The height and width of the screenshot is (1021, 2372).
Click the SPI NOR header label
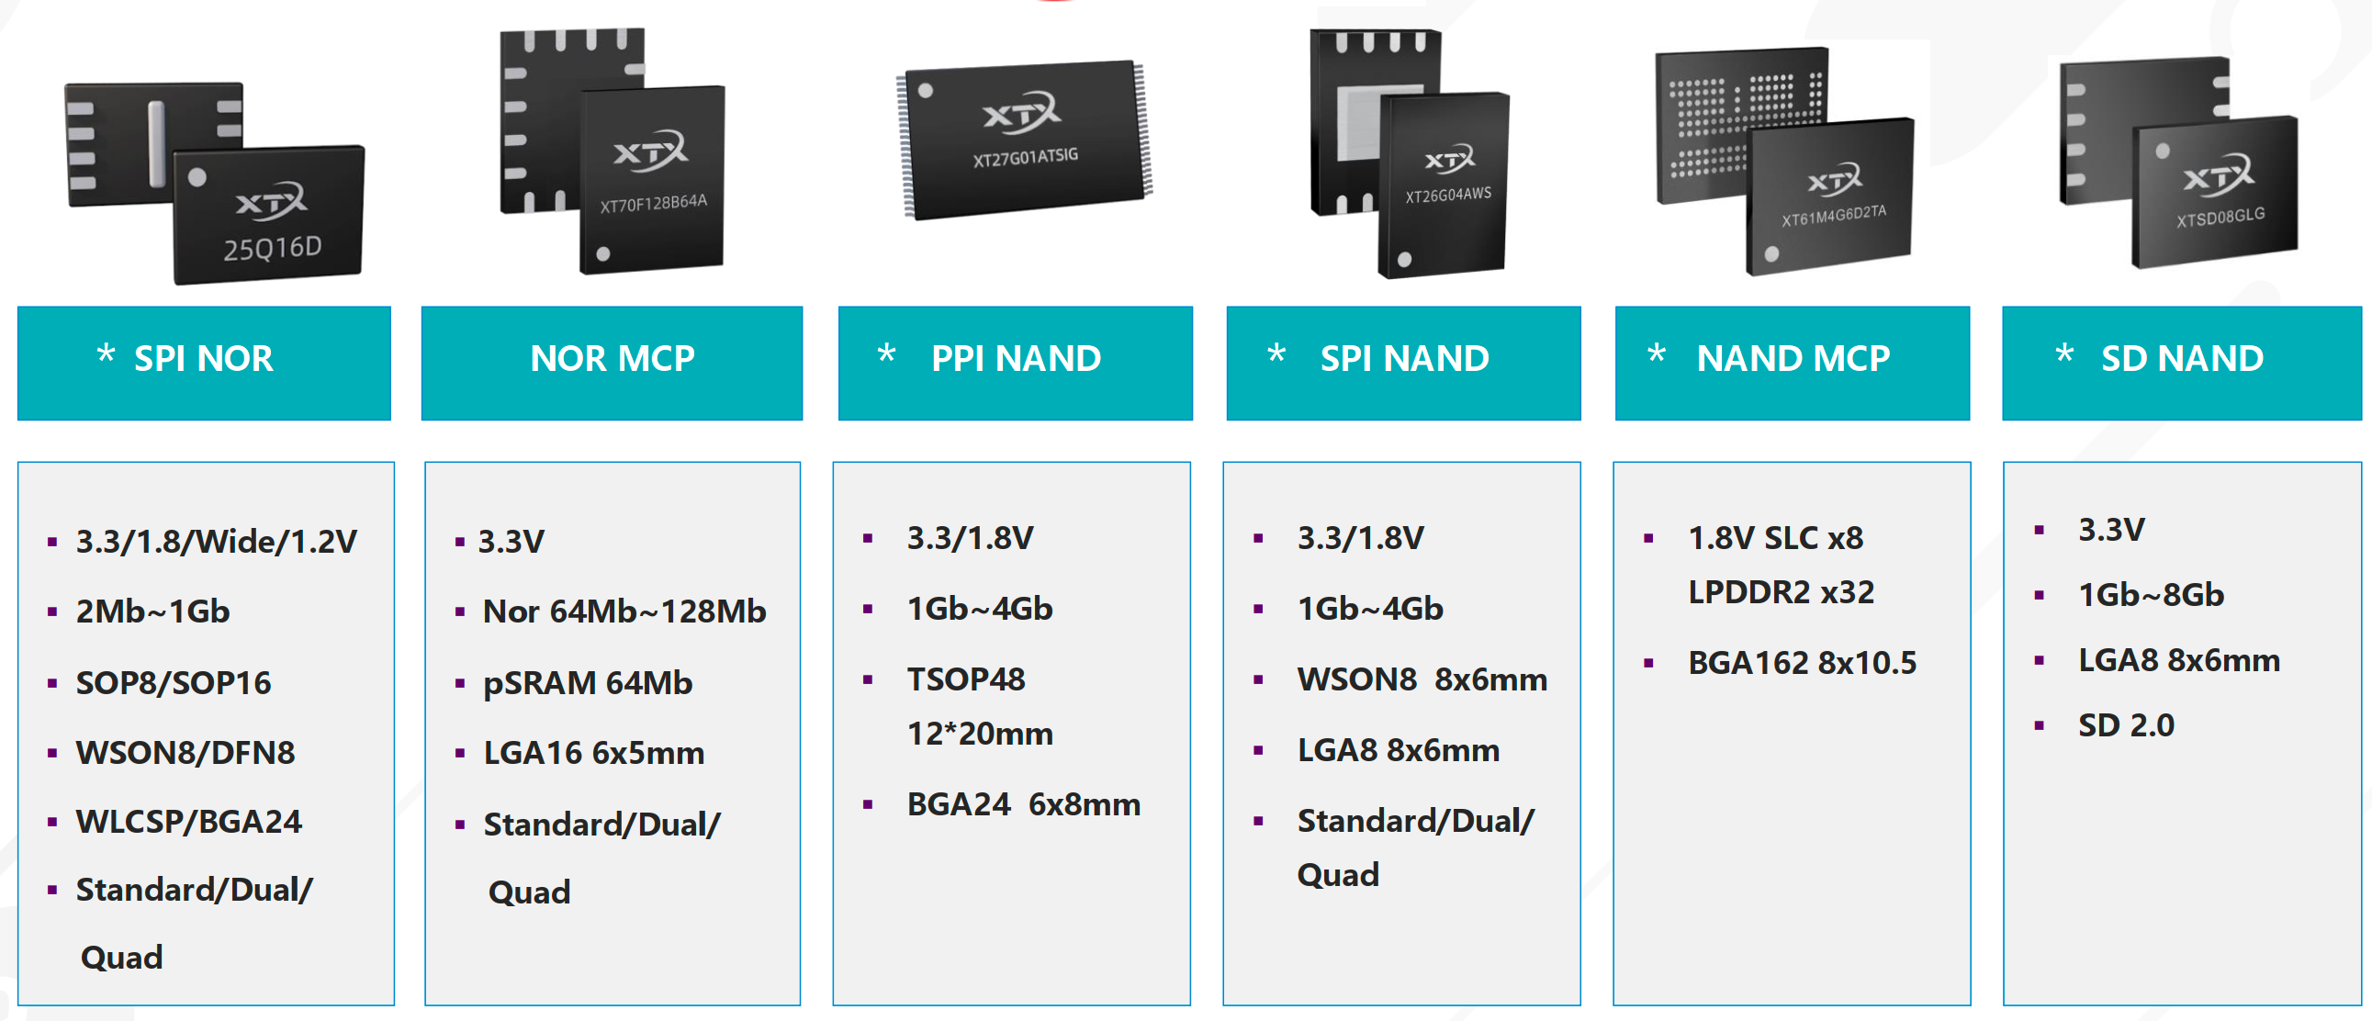[204, 358]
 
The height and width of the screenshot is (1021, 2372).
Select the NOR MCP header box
[612, 362]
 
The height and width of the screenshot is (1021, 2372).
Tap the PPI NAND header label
[1016, 358]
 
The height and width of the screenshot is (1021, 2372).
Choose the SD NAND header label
[2181, 358]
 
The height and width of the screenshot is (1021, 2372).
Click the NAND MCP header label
[1793, 358]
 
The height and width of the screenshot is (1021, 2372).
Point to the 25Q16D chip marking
[273, 248]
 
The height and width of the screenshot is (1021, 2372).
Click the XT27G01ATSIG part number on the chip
[1025, 157]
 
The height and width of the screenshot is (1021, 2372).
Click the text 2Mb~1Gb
[152, 611]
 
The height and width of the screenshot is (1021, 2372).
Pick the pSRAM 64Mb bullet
[588, 683]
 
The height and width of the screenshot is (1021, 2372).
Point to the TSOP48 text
[966, 679]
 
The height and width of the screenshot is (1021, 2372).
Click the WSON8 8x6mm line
[1422, 679]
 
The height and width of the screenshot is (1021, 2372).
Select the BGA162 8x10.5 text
[1802, 663]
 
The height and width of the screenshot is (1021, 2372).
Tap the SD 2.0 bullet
[2126, 725]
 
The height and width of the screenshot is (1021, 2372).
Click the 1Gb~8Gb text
[2151, 595]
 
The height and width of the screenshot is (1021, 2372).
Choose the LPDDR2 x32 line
[1781, 592]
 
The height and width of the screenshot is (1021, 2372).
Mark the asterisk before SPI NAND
[1276, 354]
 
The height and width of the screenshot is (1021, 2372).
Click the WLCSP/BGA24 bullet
[189, 821]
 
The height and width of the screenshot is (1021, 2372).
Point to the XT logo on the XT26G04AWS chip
[1449, 160]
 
